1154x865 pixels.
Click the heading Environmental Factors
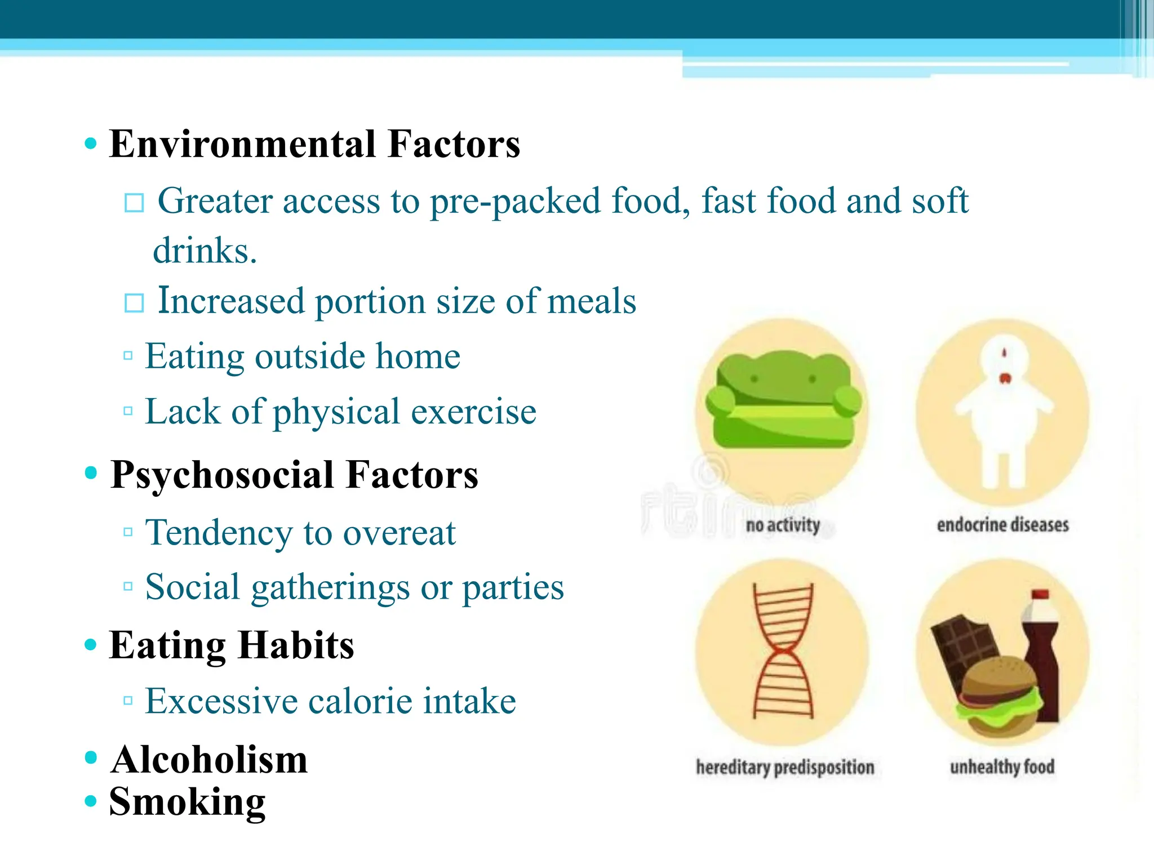point(314,144)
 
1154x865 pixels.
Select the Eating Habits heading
point(231,645)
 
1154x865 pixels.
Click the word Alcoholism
point(209,760)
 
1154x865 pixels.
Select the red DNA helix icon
point(783,650)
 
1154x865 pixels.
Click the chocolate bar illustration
point(962,648)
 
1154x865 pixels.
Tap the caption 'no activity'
point(783,525)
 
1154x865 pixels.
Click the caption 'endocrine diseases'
point(1002,525)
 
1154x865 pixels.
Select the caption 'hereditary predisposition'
point(784,767)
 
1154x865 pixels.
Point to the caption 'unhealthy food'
point(1002,767)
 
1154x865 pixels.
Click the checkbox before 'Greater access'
point(134,203)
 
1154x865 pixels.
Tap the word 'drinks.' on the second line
point(205,251)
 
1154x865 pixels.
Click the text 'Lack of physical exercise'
point(340,412)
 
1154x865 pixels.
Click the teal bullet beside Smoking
point(91,800)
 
